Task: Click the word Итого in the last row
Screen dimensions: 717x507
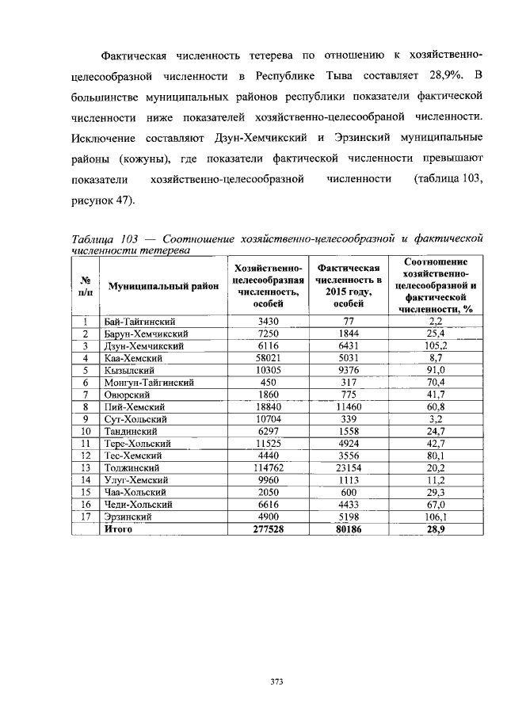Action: [x=119, y=528]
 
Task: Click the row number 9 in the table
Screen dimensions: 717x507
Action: [x=84, y=418]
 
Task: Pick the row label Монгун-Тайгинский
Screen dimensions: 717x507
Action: [x=150, y=382]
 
